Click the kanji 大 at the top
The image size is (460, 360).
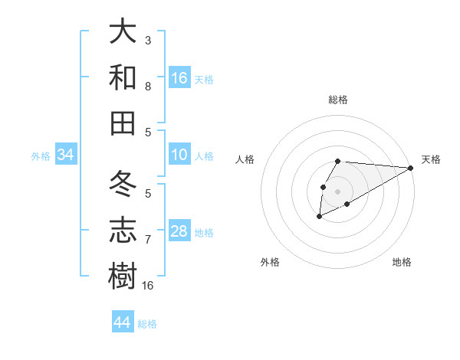click(123, 32)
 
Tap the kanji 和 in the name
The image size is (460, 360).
click(123, 77)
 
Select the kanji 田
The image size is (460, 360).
click(123, 123)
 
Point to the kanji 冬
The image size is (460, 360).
click(123, 185)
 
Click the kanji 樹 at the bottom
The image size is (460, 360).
click(123, 275)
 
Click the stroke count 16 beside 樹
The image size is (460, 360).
click(149, 286)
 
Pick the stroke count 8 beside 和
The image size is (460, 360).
click(148, 87)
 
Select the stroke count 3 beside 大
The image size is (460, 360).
click(148, 40)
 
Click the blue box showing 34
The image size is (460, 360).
click(65, 155)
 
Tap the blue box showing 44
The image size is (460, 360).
click(122, 322)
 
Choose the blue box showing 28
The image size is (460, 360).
click(179, 232)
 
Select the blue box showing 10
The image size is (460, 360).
click(179, 155)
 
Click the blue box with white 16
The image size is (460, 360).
click(179, 78)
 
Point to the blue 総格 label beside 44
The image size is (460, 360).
click(147, 324)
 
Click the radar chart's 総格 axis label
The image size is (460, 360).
click(338, 100)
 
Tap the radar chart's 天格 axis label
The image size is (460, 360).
click(431, 159)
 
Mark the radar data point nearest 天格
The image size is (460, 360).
click(411, 168)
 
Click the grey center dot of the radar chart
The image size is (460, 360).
click(337, 190)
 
